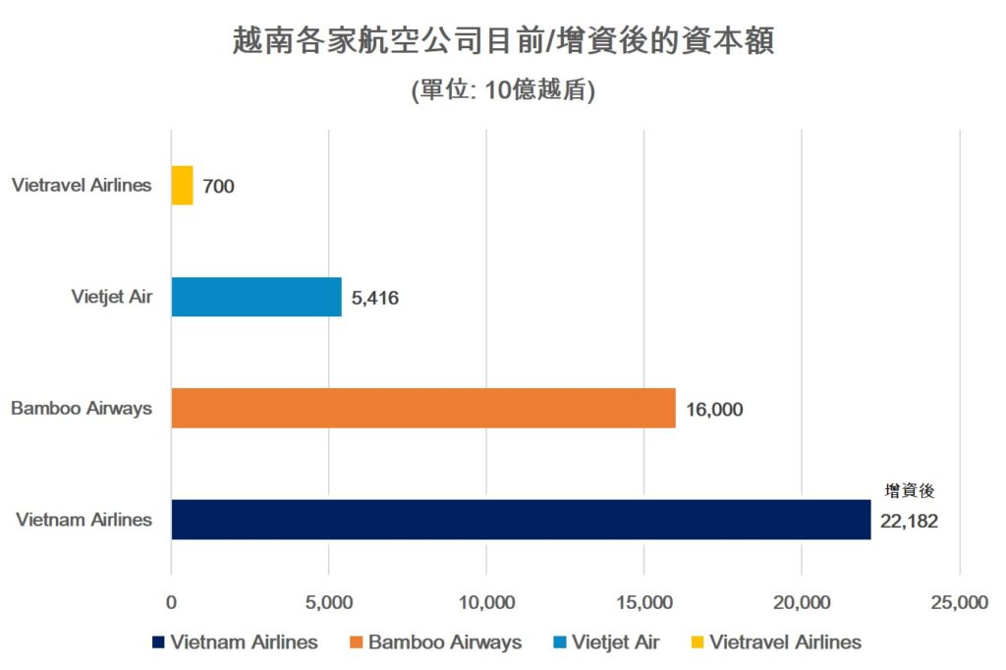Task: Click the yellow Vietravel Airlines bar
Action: (x=182, y=185)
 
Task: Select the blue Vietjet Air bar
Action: (x=256, y=297)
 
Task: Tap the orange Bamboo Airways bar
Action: (x=423, y=408)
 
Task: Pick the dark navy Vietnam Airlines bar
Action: (x=521, y=520)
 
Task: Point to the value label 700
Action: (x=218, y=186)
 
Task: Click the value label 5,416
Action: (x=374, y=298)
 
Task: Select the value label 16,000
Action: (x=714, y=410)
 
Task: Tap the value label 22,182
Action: (x=909, y=522)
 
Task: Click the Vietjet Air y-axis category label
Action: (x=112, y=297)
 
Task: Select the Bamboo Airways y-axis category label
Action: (x=82, y=408)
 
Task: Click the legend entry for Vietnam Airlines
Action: (x=235, y=642)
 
